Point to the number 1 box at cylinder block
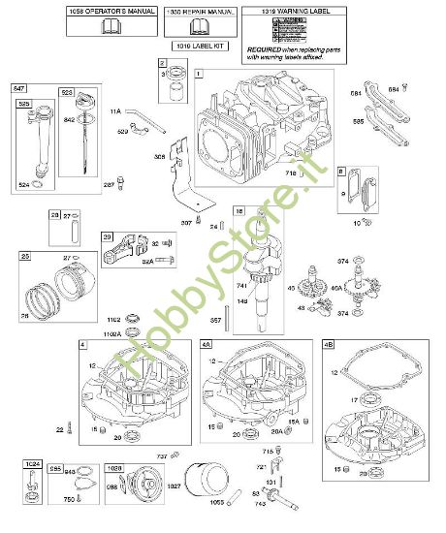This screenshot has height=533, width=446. pos(199,74)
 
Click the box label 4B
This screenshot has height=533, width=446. pos(330,344)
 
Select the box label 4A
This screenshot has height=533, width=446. pos(207,344)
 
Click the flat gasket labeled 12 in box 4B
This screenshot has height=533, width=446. pos(378,378)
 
